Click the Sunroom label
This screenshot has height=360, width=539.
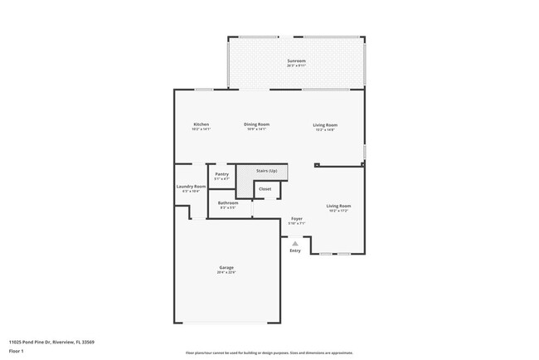click(297, 61)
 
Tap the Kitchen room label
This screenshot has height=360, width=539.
click(202, 124)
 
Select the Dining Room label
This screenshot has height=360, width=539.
click(256, 124)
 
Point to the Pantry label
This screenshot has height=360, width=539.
click(221, 174)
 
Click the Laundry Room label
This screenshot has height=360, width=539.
click(191, 187)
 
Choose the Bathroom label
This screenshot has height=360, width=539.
click(228, 202)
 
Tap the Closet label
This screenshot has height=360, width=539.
click(265, 189)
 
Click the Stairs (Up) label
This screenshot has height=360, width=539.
click(266, 171)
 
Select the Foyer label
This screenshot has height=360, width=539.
click(296, 218)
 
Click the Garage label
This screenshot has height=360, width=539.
click(226, 267)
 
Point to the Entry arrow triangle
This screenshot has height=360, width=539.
click(294, 243)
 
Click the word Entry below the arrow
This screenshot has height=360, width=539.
click(295, 251)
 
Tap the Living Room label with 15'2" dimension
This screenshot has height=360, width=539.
click(325, 125)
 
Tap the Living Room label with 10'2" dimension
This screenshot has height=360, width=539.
click(338, 206)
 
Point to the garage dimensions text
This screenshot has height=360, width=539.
click(226, 272)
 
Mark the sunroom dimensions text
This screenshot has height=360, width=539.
click(297, 66)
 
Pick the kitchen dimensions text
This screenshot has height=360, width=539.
click(202, 129)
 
